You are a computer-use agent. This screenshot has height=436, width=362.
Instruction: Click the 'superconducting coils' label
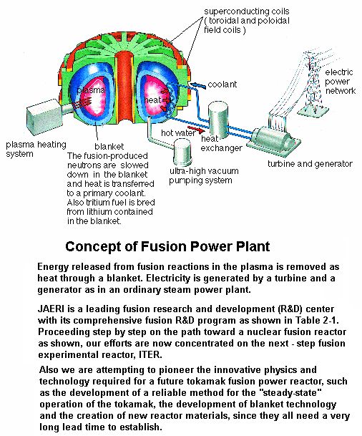247,11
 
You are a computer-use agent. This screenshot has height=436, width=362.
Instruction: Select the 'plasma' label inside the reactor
91,90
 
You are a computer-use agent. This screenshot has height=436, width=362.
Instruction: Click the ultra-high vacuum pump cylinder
182,152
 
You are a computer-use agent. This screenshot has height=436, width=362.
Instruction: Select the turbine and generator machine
274,140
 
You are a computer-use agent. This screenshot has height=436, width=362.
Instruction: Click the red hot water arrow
196,130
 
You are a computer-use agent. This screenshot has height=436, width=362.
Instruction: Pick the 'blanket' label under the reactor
109,147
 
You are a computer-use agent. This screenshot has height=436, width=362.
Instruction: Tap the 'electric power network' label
340,82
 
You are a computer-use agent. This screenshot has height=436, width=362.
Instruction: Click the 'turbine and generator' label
310,164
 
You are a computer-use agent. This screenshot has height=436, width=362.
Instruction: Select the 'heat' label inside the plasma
152,100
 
